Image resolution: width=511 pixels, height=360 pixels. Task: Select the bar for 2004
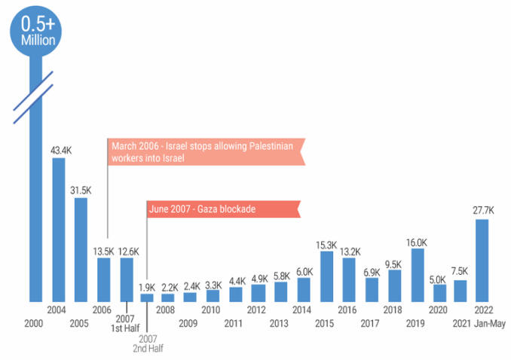coord(58,230)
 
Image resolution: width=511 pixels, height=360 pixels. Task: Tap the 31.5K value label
coord(81,190)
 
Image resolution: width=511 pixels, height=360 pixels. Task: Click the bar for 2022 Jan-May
coord(483,261)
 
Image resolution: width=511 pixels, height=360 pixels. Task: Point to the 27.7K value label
coord(483,211)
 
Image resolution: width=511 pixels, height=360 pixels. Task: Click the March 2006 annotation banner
coord(205,151)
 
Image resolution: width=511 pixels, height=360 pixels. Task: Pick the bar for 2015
coord(326,276)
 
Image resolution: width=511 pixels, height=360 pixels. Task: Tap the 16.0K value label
coord(416,243)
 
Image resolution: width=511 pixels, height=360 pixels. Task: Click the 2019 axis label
coord(416,323)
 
